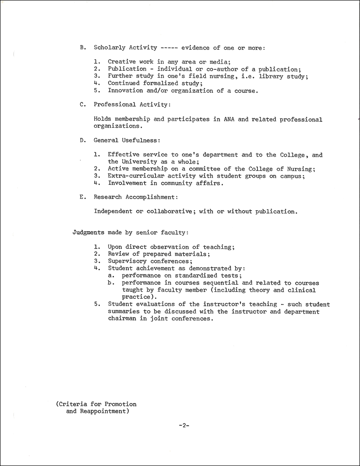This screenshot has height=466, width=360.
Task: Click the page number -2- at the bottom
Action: (183, 425)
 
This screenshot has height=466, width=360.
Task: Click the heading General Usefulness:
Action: (127, 140)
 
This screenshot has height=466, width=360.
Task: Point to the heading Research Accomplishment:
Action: (135, 197)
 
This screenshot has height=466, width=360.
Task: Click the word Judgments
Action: (88, 232)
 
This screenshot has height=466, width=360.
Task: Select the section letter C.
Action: (82, 105)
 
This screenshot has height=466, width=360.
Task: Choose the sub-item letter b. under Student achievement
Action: (111, 282)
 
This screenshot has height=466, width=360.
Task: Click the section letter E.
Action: (82, 197)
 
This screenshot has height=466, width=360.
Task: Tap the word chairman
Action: (123, 319)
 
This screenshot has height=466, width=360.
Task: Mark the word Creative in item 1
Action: (121, 62)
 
